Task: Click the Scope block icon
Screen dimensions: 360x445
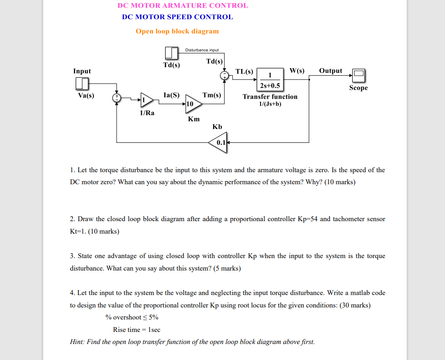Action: click(359, 75)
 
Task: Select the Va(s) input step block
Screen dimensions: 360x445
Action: click(82, 84)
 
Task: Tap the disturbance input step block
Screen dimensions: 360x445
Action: click(171, 53)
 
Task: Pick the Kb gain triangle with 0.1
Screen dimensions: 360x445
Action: click(218, 142)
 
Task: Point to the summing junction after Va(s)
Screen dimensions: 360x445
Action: click(117, 97)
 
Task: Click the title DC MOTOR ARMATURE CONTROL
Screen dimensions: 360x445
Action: click(183, 6)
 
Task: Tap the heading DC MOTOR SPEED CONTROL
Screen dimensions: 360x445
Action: click(177, 17)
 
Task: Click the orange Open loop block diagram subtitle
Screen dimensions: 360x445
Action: click(177, 31)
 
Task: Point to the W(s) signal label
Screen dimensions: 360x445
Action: click(297, 71)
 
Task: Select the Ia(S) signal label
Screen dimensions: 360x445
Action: click(171, 95)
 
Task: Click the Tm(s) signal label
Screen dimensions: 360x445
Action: click(212, 95)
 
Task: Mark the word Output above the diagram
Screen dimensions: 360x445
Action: click(331, 71)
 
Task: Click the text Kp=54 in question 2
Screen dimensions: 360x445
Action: click(307, 219)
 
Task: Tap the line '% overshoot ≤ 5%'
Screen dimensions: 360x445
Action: click(132, 317)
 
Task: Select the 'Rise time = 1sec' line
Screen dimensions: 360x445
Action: click(136, 330)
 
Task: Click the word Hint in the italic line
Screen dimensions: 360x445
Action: click(78, 342)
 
